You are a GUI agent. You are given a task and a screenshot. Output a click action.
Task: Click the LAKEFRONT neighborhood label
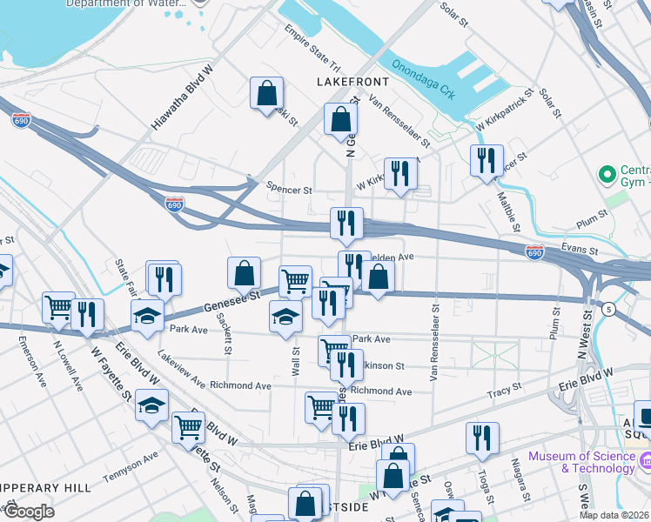click(353, 82)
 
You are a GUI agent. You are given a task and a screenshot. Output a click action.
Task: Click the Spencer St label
click(289, 189)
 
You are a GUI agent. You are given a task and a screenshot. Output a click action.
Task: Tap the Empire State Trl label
click(311, 49)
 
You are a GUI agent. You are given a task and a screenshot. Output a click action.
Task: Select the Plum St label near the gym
click(593, 214)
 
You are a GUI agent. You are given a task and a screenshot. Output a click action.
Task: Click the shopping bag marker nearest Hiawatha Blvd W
click(266, 94)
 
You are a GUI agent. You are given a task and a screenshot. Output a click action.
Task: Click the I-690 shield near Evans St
click(534, 251)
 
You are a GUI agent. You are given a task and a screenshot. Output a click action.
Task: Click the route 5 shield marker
click(607, 309)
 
